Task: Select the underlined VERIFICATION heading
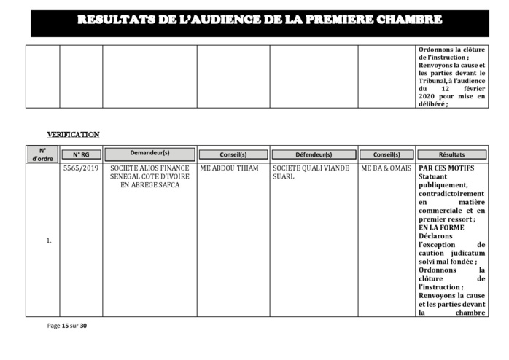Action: (73, 135)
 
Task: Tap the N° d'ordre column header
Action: (42, 154)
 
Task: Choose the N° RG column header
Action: (81, 154)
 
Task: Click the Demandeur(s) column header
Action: (149, 154)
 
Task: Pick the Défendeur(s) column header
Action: (314, 154)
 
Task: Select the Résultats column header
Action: (451, 154)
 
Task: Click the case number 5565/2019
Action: (81, 168)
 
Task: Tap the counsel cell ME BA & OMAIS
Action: (386, 168)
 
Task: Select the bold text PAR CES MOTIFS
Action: (446, 168)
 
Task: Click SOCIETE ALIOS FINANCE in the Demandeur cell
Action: (149, 168)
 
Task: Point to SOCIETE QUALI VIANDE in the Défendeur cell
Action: (314, 168)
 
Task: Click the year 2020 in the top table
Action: (430, 96)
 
